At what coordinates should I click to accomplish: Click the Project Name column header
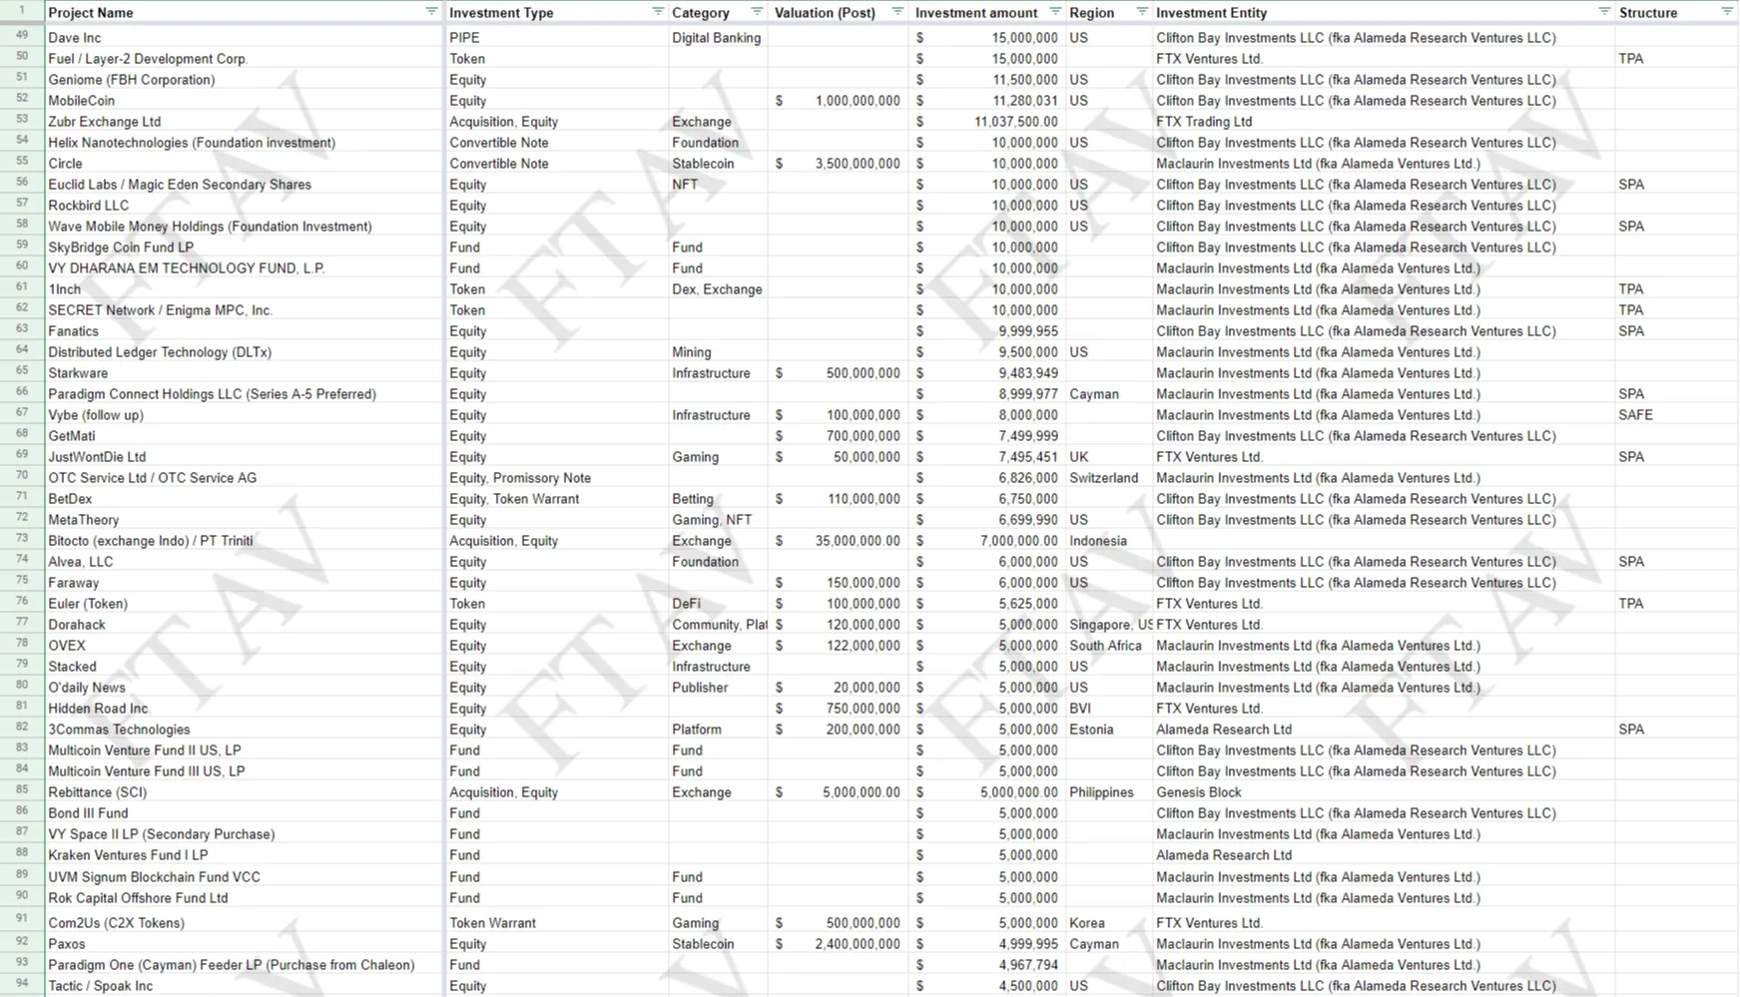coord(91,13)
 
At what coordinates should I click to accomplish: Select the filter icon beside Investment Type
coord(658,12)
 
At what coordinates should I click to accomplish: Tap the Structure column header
coord(1647,13)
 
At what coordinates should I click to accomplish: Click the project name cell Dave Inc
coord(75,38)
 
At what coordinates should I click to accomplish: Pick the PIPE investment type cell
coord(464,38)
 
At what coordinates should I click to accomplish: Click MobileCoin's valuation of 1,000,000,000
coord(857,101)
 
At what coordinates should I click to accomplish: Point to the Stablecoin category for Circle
coord(703,164)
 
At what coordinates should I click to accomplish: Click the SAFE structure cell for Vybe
coord(1635,415)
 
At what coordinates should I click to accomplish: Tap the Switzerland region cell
coord(1103,478)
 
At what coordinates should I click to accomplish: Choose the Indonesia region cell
coord(1098,541)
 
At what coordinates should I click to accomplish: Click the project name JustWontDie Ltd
coord(97,457)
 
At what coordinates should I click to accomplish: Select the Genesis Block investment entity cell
coord(1198,792)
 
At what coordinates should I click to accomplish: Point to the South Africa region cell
coord(1105,646)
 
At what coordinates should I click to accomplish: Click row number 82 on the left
coord(22,728)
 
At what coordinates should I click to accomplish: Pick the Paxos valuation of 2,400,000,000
coord(857,944)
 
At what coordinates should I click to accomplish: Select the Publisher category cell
coord(700,688)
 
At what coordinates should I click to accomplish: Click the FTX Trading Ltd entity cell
coord(1204,122)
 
